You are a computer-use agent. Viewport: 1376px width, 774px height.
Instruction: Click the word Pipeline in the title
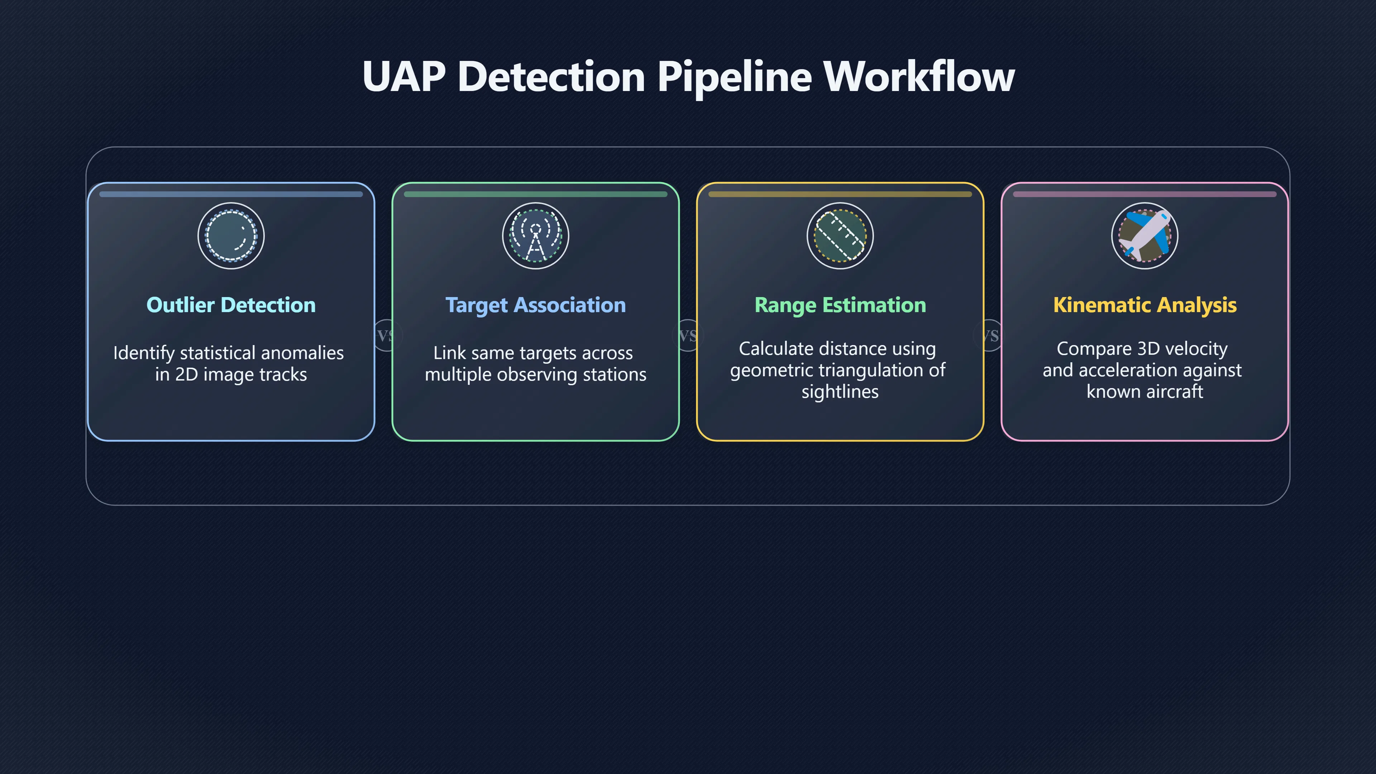point(735,77)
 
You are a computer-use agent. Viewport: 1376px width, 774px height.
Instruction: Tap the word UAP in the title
point(404,76)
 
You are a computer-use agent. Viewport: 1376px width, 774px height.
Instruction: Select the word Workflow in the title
point(919,76)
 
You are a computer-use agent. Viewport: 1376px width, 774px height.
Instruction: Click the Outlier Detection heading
point(231,305)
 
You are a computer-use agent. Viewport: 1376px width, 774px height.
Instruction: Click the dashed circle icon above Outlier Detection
point(231,235)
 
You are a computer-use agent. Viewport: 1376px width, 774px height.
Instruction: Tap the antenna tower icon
point(536,235)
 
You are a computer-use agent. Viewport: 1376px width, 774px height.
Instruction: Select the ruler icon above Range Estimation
point(840,235)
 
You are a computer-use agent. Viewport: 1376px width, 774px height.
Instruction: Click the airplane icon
point(1145,235)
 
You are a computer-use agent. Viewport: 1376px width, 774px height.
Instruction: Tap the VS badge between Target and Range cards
point(688,335)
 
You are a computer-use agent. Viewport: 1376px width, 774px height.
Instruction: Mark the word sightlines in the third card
point(840,392)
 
